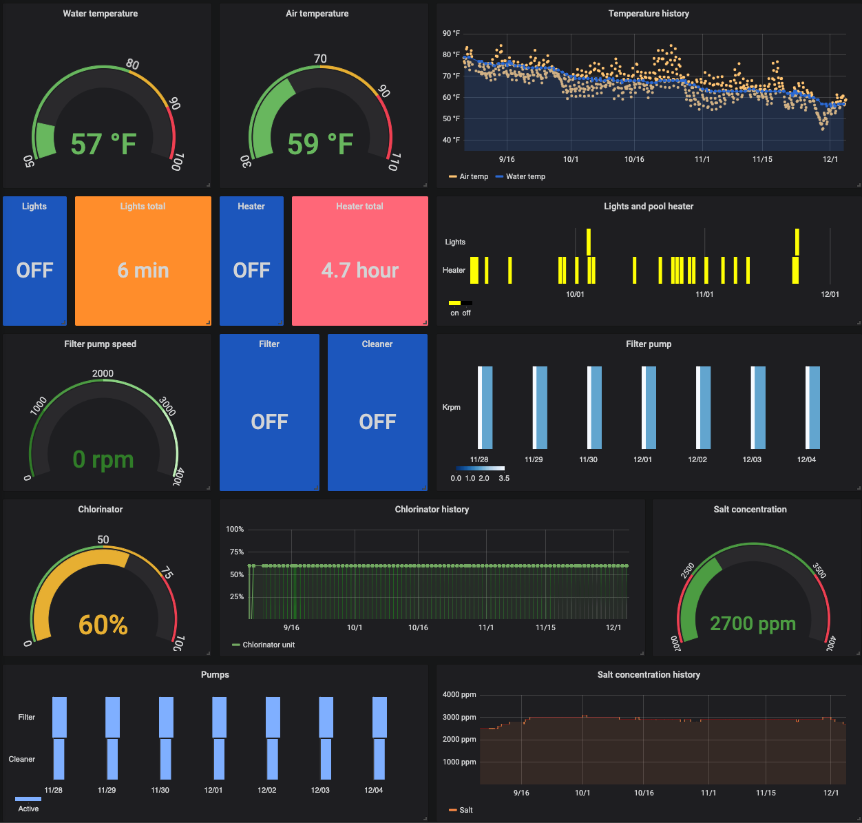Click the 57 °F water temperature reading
[103, 144]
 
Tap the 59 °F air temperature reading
[320, 144]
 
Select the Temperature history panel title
[649, 14]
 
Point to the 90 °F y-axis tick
[452, 33]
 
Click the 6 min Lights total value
[143, 270]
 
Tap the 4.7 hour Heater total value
[360, 270]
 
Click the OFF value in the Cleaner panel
[377, 421]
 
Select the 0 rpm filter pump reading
[103, 459]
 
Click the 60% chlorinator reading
[103, 625]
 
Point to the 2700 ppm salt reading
[753, 623]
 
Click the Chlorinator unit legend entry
[268, 645]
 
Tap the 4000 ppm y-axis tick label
[459, 694]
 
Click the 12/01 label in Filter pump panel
[642, 459]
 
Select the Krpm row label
[451, 407]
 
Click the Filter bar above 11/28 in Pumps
[59, 717]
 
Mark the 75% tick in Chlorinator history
[236, 552]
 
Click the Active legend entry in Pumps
[28, 809]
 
